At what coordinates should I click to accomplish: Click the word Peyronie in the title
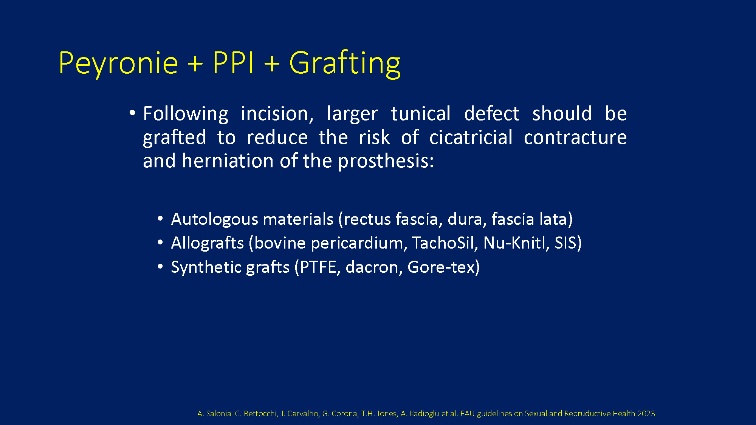coord(118,64)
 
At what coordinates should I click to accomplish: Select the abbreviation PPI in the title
coord(233,62)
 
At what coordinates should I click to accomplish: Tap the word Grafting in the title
coord(345,64)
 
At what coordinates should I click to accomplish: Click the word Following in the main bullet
coord(186,114)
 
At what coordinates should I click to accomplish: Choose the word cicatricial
coord(471,137)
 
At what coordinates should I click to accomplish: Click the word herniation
coord(228,161)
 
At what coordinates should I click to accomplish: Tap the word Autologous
coord(214,219)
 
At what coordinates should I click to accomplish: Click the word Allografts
coord(208,243)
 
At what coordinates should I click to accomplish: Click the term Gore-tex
coord(441,267)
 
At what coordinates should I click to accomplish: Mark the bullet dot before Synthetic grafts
coord(160,267)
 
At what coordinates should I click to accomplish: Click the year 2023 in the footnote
coord(646,414)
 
